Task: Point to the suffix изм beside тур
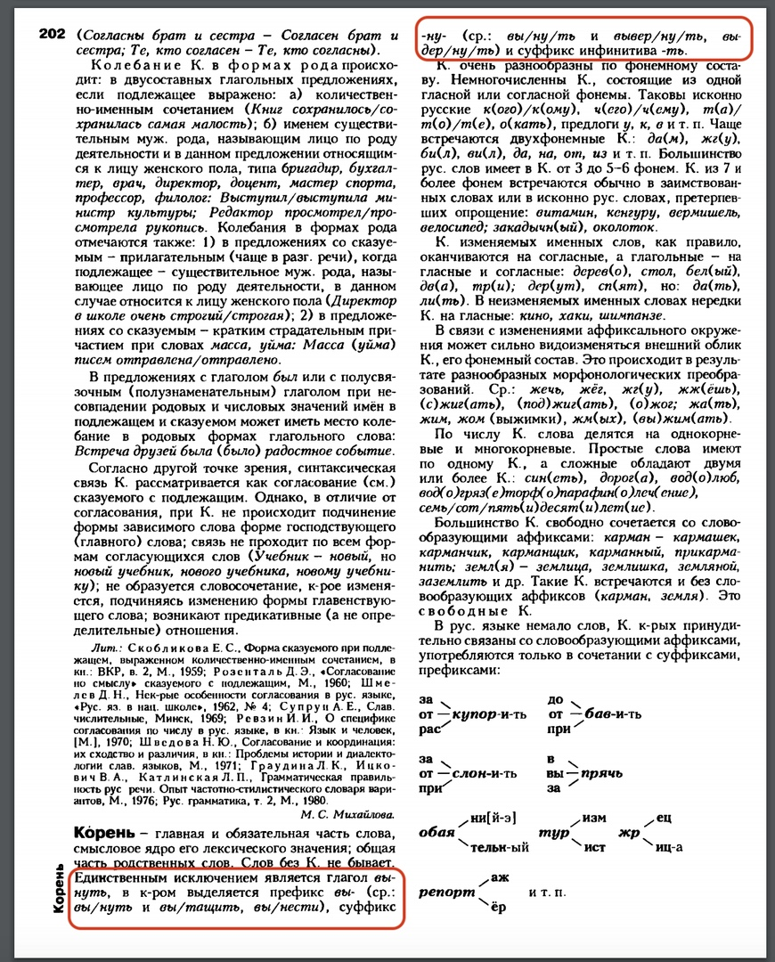[x=595, y=816]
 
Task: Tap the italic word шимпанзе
[x=632, y=317]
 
